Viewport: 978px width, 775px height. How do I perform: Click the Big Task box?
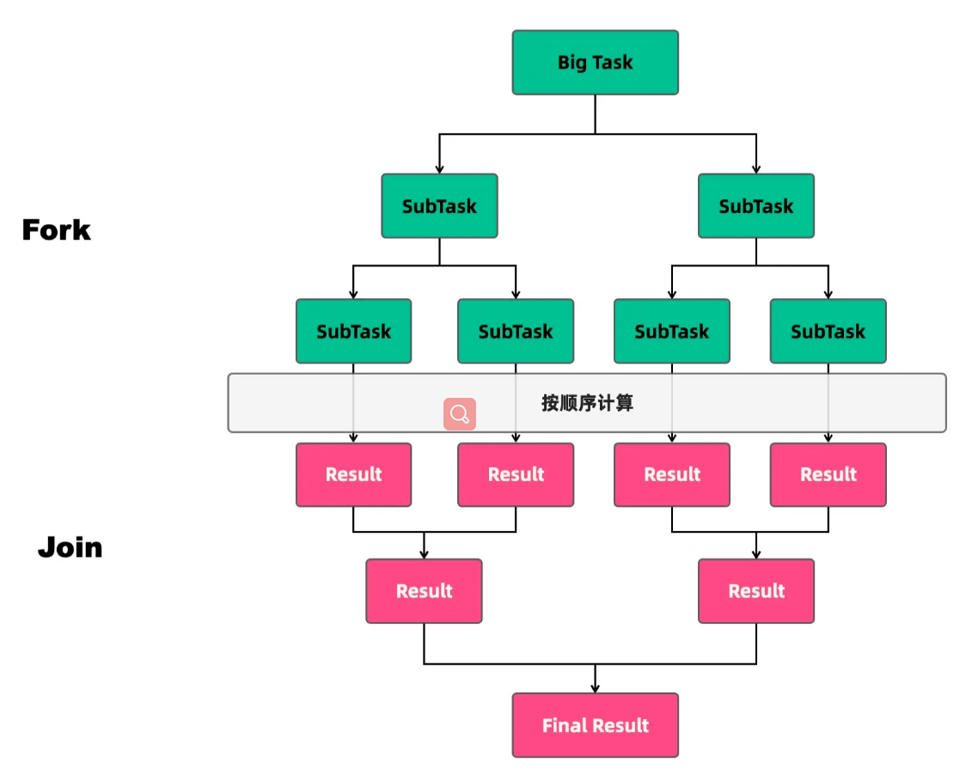point(595,63)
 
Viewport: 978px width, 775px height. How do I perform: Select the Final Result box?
point(595,725)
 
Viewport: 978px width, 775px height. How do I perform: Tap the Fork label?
point(57,230)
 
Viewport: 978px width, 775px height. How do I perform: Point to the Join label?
point(70,547)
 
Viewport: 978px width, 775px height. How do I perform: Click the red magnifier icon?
point(460,414)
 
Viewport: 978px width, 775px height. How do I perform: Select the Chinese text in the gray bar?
point(587,403)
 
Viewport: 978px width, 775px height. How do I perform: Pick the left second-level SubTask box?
point(439,206)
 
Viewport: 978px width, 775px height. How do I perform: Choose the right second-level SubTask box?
point(755,206)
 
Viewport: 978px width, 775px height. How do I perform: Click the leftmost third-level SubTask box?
point(353,331)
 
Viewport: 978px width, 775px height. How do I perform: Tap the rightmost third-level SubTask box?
point(828,331)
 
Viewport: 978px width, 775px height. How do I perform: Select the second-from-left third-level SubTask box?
point(516,331)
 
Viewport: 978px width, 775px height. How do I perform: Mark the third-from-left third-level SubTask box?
point(671,331)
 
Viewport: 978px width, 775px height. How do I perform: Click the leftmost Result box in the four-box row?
point(353,474)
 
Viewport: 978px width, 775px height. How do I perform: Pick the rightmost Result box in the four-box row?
point(828,474)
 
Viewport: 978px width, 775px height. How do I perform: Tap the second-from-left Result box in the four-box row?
point(516,474)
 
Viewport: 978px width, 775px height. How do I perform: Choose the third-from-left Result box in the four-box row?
point(671,474)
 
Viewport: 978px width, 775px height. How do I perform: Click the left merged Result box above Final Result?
point(424,591)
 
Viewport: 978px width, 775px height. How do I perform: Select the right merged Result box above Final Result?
point(755,591)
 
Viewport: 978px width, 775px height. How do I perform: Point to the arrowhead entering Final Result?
point(595,687)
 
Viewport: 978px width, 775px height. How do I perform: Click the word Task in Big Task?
point(614,63)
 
